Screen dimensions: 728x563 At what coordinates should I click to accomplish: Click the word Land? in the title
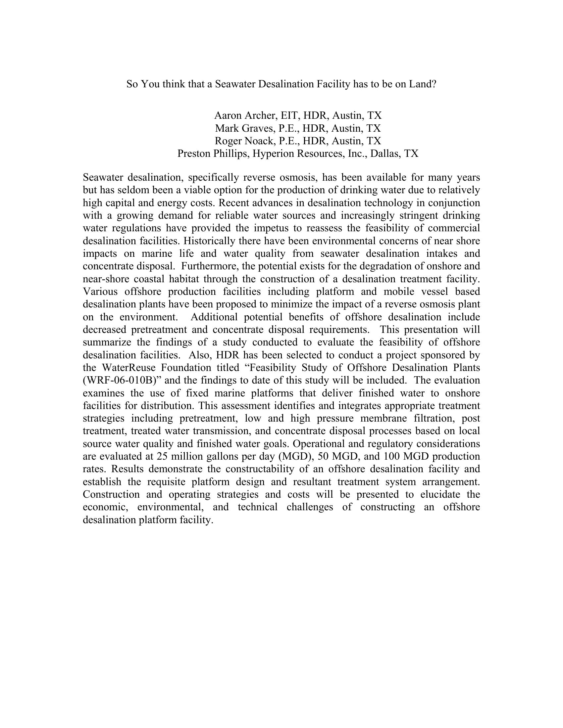[423, 84]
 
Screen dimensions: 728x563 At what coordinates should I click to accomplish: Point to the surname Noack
[260, 141]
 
